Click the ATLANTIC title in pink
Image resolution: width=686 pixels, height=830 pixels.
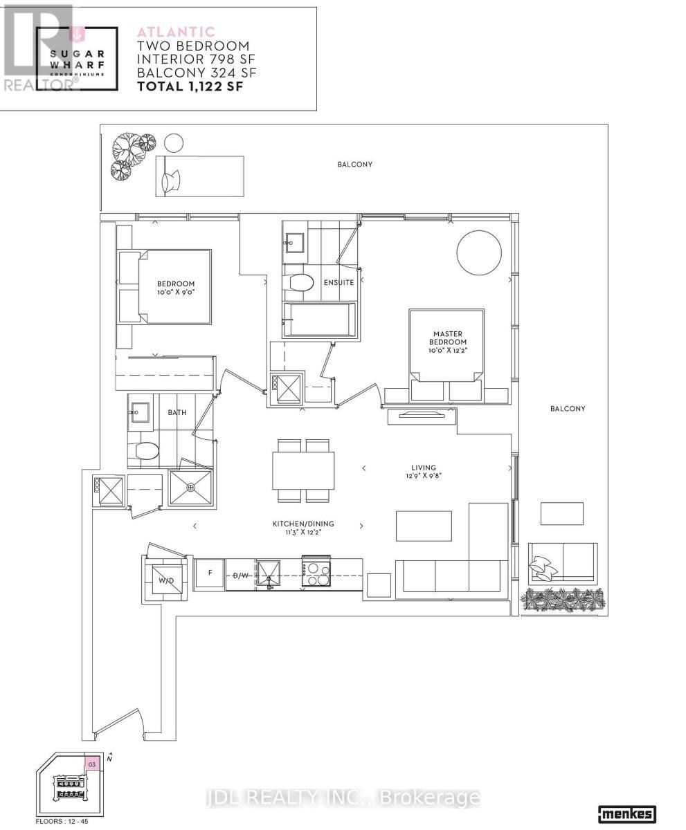(x=176, y=32)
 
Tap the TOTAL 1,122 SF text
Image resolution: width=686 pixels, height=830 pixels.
(x=190, y=86)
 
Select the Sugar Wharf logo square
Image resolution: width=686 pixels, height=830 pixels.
(x=76, y=59)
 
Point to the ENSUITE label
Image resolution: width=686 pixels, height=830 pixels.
(x=339, y=282)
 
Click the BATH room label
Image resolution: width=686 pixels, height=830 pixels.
(x=177, y=412)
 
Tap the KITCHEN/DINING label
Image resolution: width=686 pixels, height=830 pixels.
(x=297, y=528)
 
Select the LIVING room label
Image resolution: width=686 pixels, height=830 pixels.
(x=422, y=472)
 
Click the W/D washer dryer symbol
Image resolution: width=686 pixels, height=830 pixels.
(x=166, y=580)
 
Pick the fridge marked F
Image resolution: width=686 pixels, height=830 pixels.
(x=209, y=573)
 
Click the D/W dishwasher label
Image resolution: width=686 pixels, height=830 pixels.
(x=240, y=575)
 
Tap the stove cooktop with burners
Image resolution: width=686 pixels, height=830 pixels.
(x=316, y=573)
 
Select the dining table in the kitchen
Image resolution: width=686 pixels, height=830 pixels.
(x=303, y=470)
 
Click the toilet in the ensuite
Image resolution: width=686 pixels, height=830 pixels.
(x=300, y=283)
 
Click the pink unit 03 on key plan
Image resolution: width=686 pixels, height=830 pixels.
(x=92, y=764)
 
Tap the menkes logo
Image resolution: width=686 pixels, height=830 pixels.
(x=626, y=814)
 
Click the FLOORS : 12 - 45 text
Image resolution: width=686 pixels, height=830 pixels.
(x=62, y=821)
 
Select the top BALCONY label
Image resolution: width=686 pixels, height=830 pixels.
(x=354, y=165)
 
